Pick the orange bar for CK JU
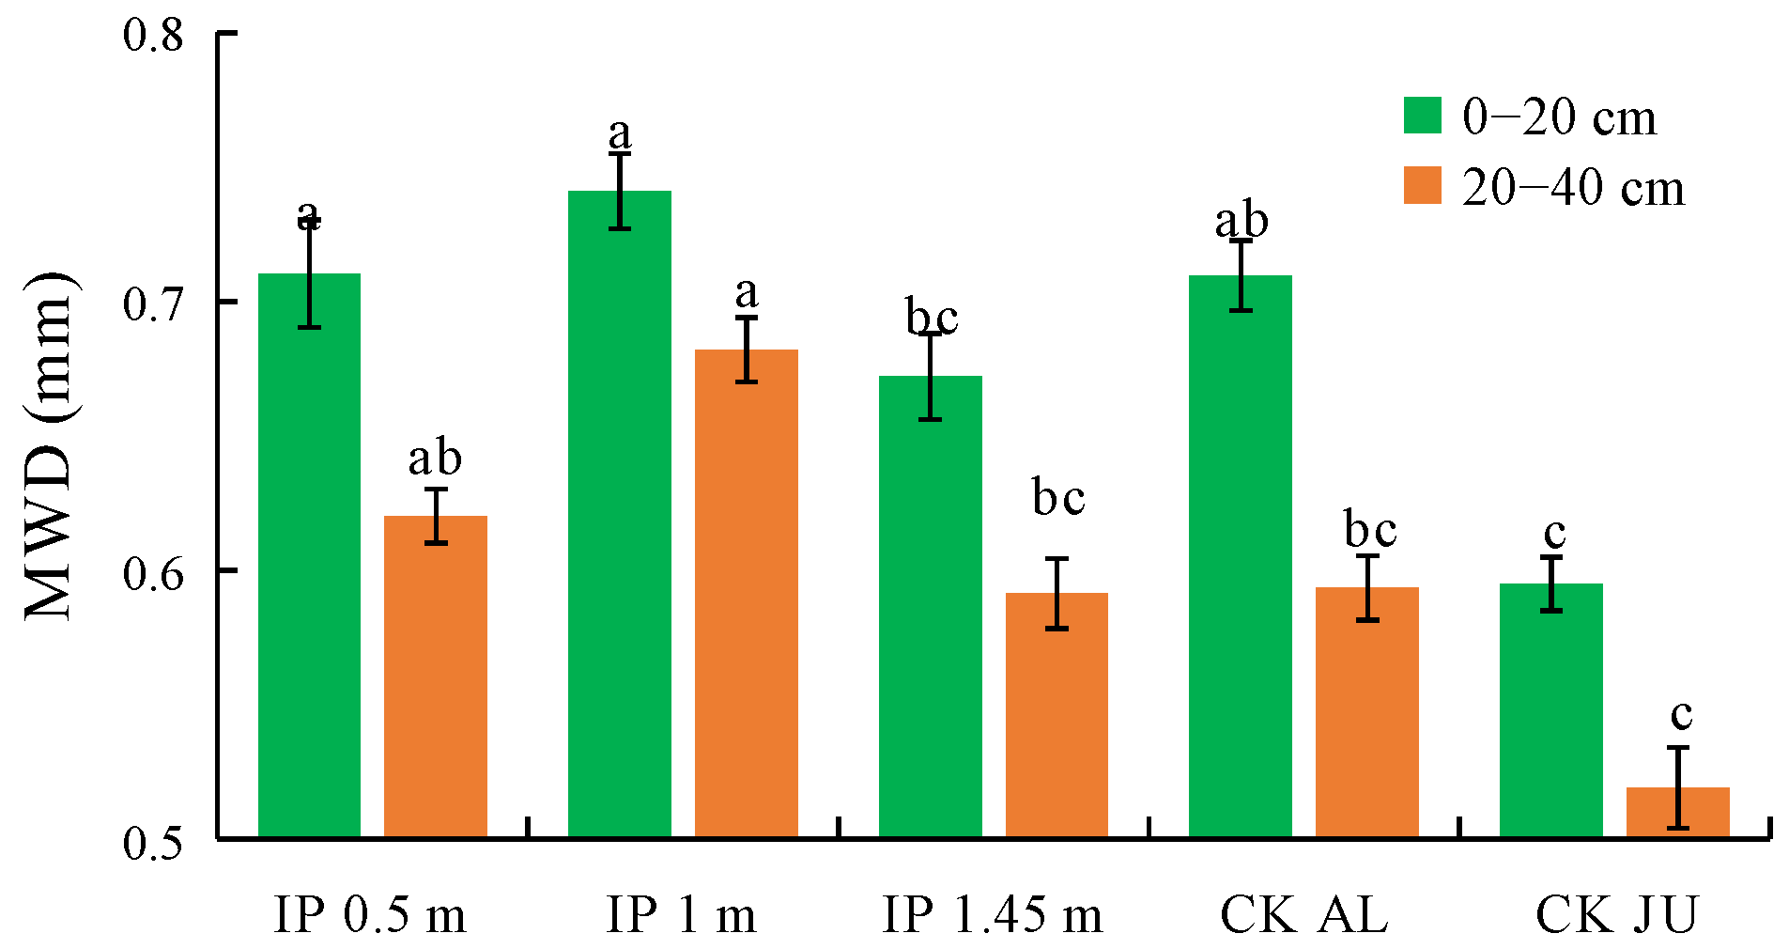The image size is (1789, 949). pyautogui.click(x=1677, y=812)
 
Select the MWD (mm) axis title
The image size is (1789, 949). pyautogui.click(x=49, y=446)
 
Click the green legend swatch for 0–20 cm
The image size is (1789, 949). pyautogui.click(x=1422, y=116)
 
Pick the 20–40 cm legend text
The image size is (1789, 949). pyautogui.click(x=1573, y=188)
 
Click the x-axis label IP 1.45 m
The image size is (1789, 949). pyautogui.click(x=992, y=914)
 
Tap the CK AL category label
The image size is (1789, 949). pyautogui.click(x=1303, y=914)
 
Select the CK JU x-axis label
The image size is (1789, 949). pyautogui.click(x=1616, y=914)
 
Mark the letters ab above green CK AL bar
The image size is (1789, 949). pyautogui.click(x=1242, y=222)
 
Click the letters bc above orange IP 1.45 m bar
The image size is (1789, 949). pyautogui.click(x=1058, y=497)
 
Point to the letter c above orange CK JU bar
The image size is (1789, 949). pyautogui.click(x=1681, y=715)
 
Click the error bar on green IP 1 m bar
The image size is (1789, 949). pyautogui.click(x=620, y=191)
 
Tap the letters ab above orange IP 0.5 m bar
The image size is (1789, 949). pyautogui.click(x=435, y=459)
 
